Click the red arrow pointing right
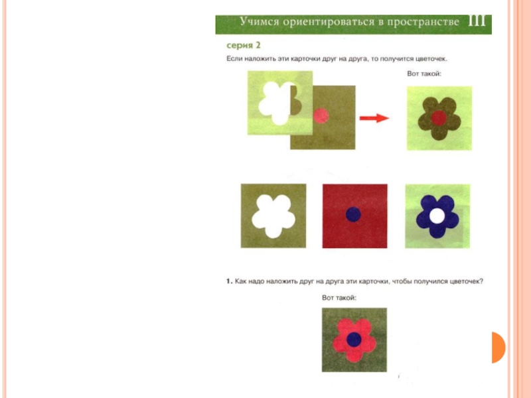pyautogui.click(x=374, y=118)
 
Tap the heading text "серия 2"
pyautogui.click(x=243, y=45)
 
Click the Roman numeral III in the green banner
pyautogui.click(x=477, y=21)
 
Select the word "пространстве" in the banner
pyautogui.click(x=423, y=22)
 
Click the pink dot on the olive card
pyautogui.click(x=321, y=115)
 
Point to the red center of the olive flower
pyautogui.click(x=439, y=118)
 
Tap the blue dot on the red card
pyautogui.click(x=353, y=214)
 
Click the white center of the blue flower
pyautogui.click(x=437, y=216)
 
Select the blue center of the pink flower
pyautogui.click(x=354, y=340)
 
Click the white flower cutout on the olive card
pyautogui.click(x=273, y=217)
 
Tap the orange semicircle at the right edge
pyautogui.click(x=498, y=348)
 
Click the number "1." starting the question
pyautogui.click(x=229, y=281)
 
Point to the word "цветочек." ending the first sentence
pyautogui.click(x=431, y=59)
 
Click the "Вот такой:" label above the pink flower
pyautogui.click(x=339, y=298)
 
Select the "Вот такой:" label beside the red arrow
pyautogui.click(x=424, y=74)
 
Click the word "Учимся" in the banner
pyautogui.click(x=260, y=21)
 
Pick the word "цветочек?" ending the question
pyautogui.click(x=467, y=281)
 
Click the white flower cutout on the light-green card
pyautogui.click(x=277, y=103)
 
